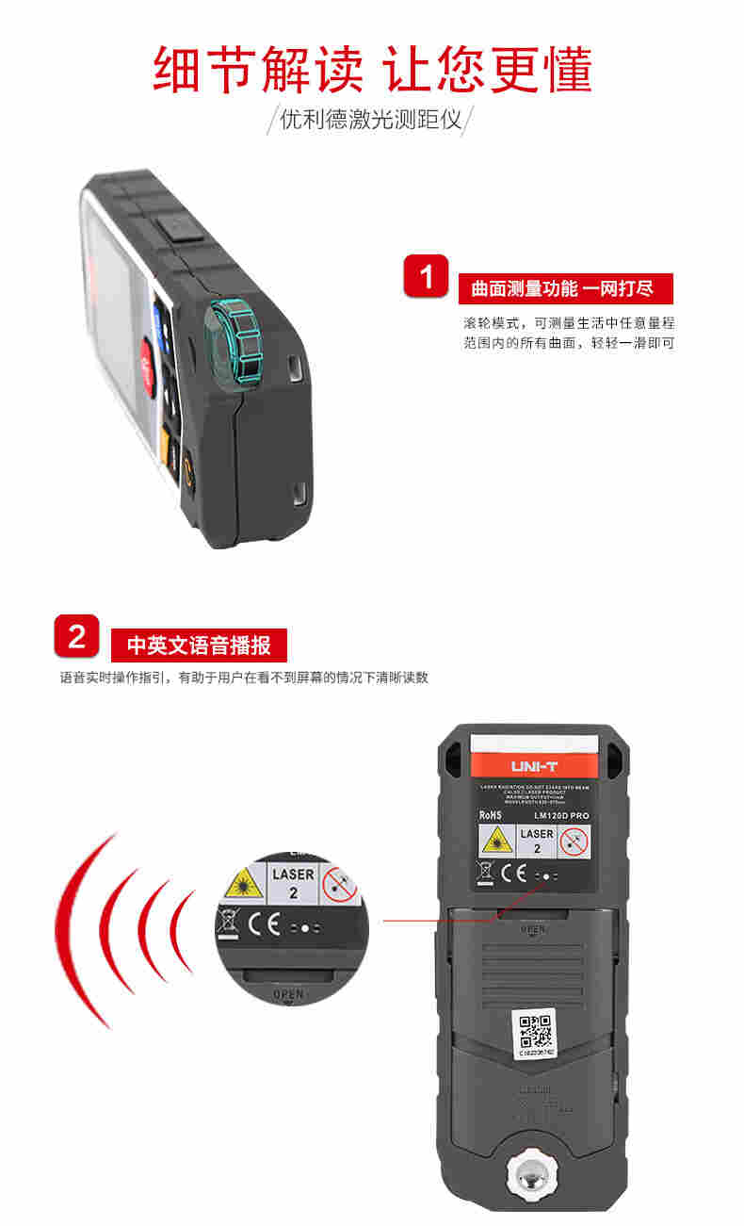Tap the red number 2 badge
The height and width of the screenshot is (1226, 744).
(77, 636)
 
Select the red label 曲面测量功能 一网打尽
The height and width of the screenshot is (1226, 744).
(562, 288)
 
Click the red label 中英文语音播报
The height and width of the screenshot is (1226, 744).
(199, 646)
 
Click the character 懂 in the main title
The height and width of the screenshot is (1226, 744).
(558, 68)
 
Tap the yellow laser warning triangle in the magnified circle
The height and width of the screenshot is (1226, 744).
(242, 884)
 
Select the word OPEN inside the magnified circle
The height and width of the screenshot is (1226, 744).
(287, 993)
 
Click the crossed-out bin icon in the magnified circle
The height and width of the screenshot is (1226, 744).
(227, 920)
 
